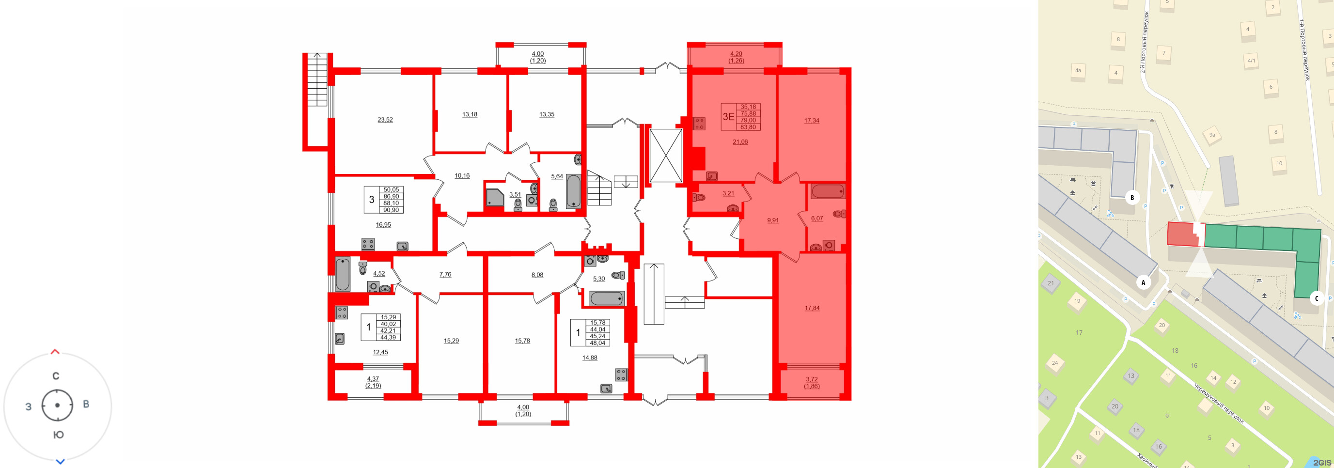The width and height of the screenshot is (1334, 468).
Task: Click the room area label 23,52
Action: [385, 120]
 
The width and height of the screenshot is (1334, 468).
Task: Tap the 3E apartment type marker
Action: [728, 116]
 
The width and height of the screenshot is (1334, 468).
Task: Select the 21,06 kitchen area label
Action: [740, 142]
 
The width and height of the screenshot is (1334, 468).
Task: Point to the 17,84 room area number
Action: [812, 308]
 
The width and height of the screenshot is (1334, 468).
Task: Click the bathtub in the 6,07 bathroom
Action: [828, 191]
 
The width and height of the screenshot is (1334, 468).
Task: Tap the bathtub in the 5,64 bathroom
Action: [573, 191]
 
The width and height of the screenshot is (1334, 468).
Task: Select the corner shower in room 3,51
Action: [495, 197]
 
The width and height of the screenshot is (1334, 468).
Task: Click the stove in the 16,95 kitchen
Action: [368, 243]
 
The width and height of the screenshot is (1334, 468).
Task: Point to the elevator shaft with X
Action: [665, 156]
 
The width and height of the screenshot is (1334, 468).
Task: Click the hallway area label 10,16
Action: [462, 175]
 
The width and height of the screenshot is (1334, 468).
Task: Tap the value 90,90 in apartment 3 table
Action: [391, 210]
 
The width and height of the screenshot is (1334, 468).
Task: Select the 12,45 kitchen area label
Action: [380, 352]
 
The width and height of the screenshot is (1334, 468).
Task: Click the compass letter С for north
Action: [56, 376]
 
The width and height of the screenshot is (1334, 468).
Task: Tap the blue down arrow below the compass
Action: [60, 461]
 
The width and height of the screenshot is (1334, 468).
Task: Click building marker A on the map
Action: [1143, 282]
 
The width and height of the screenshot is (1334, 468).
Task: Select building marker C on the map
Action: [1317, 298]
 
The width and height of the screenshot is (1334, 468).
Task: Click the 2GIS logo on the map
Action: [1321, 462]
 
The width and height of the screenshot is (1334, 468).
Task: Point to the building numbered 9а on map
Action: [1212, 135]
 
